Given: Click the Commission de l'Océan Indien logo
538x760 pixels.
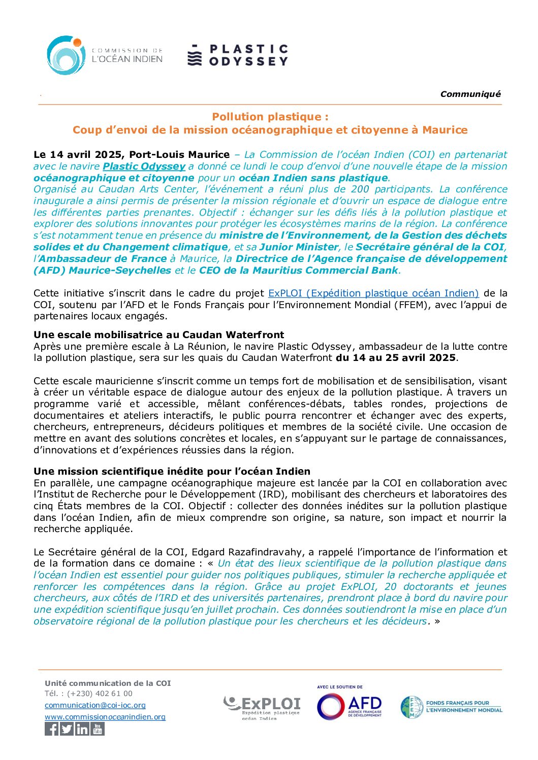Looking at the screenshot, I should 104,55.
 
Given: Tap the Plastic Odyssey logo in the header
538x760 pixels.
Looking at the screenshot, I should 238,55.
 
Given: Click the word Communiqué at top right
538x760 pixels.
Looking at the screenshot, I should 470,94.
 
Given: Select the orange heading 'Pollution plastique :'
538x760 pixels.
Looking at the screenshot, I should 270,117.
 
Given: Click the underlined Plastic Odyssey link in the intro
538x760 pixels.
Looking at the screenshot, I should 144,167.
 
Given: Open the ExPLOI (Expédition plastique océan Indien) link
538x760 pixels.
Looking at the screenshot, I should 373,293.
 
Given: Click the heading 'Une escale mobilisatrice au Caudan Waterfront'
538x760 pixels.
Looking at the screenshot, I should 159,335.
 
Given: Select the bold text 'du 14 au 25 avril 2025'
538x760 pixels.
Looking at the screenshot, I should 396,358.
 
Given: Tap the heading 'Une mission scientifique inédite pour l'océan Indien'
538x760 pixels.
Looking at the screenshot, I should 172,472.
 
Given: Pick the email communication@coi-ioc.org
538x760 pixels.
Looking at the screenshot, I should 95,705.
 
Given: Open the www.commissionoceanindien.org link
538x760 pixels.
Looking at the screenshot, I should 105,717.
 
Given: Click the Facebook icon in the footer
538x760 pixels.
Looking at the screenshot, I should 51,729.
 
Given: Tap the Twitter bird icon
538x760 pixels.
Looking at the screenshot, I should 67,729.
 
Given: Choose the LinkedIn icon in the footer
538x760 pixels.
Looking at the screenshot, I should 82,729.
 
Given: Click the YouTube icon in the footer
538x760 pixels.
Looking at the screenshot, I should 98,729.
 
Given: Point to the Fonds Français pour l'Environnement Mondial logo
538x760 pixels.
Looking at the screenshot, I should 451,707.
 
